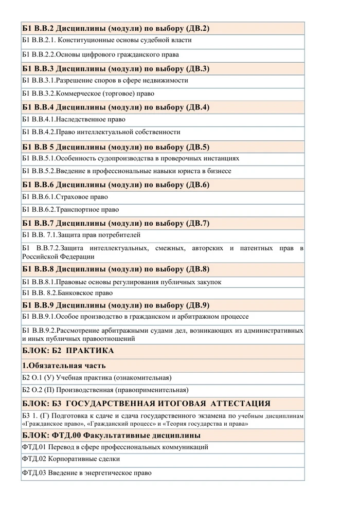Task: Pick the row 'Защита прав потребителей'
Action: tap(82, 235)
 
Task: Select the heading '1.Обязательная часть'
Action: tap(64, 366)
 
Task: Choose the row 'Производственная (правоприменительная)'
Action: tap(105, 390)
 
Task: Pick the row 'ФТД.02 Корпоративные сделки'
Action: tap(67, 459)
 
